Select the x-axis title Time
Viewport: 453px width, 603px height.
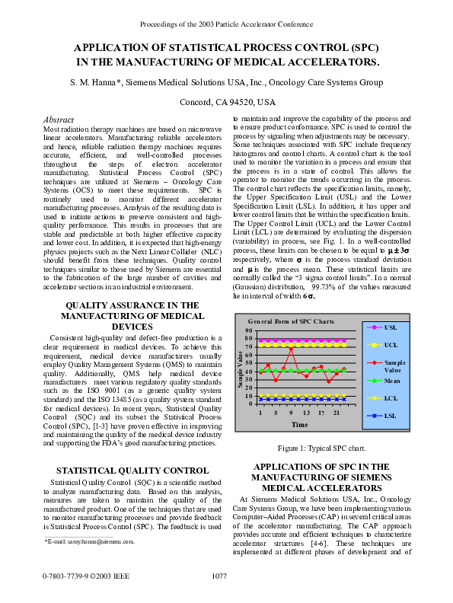tap(300, 424)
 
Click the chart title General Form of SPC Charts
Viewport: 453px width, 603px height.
tap(290, 323)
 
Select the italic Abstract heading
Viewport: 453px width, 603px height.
tap(59, 120)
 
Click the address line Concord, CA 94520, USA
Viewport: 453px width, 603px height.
tap(227, 102)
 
